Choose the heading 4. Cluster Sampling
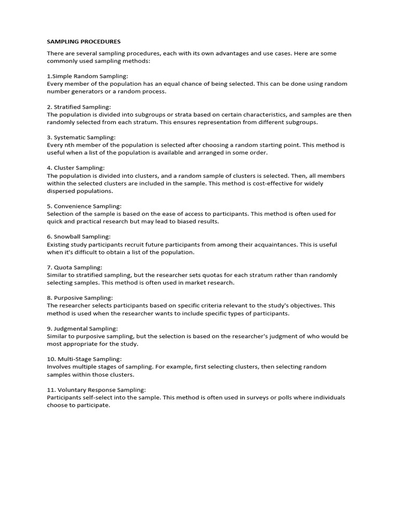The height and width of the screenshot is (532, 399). pos(76,168)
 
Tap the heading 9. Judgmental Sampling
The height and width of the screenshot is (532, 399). pos(83,328)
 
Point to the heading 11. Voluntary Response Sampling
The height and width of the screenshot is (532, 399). pos(97,390)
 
